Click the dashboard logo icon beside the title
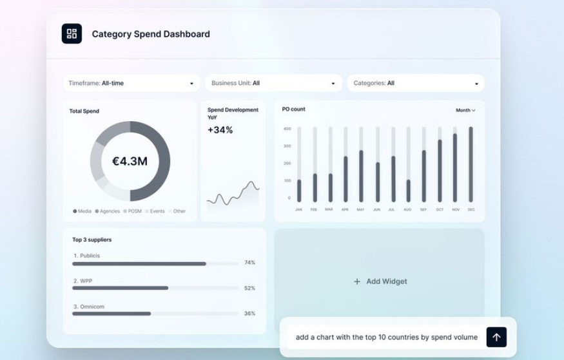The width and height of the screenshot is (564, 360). pos(72,33)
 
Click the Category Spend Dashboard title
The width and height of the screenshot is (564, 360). pos(151,34)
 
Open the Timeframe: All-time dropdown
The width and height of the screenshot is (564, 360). pos(131,83)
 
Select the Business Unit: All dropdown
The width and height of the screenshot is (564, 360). pos(273,83)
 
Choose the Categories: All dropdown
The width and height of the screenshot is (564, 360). pos(416,83)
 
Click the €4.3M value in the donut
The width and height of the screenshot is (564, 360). pos(130,161)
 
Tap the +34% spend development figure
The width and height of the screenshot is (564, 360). pos(220,130)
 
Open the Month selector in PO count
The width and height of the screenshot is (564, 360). pos(465,110)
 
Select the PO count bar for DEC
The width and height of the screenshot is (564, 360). pos(471,164)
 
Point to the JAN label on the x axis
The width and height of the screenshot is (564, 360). pos(298,209)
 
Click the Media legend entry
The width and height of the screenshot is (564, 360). pos(83,211)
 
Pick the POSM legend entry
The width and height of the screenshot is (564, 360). pos(133,211)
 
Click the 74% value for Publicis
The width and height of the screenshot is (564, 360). pos(249,263)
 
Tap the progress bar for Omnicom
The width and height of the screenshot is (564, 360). pos(112,314)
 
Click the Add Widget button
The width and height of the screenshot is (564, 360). pos(380,281)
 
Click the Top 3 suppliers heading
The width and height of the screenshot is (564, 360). pos(92,240)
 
